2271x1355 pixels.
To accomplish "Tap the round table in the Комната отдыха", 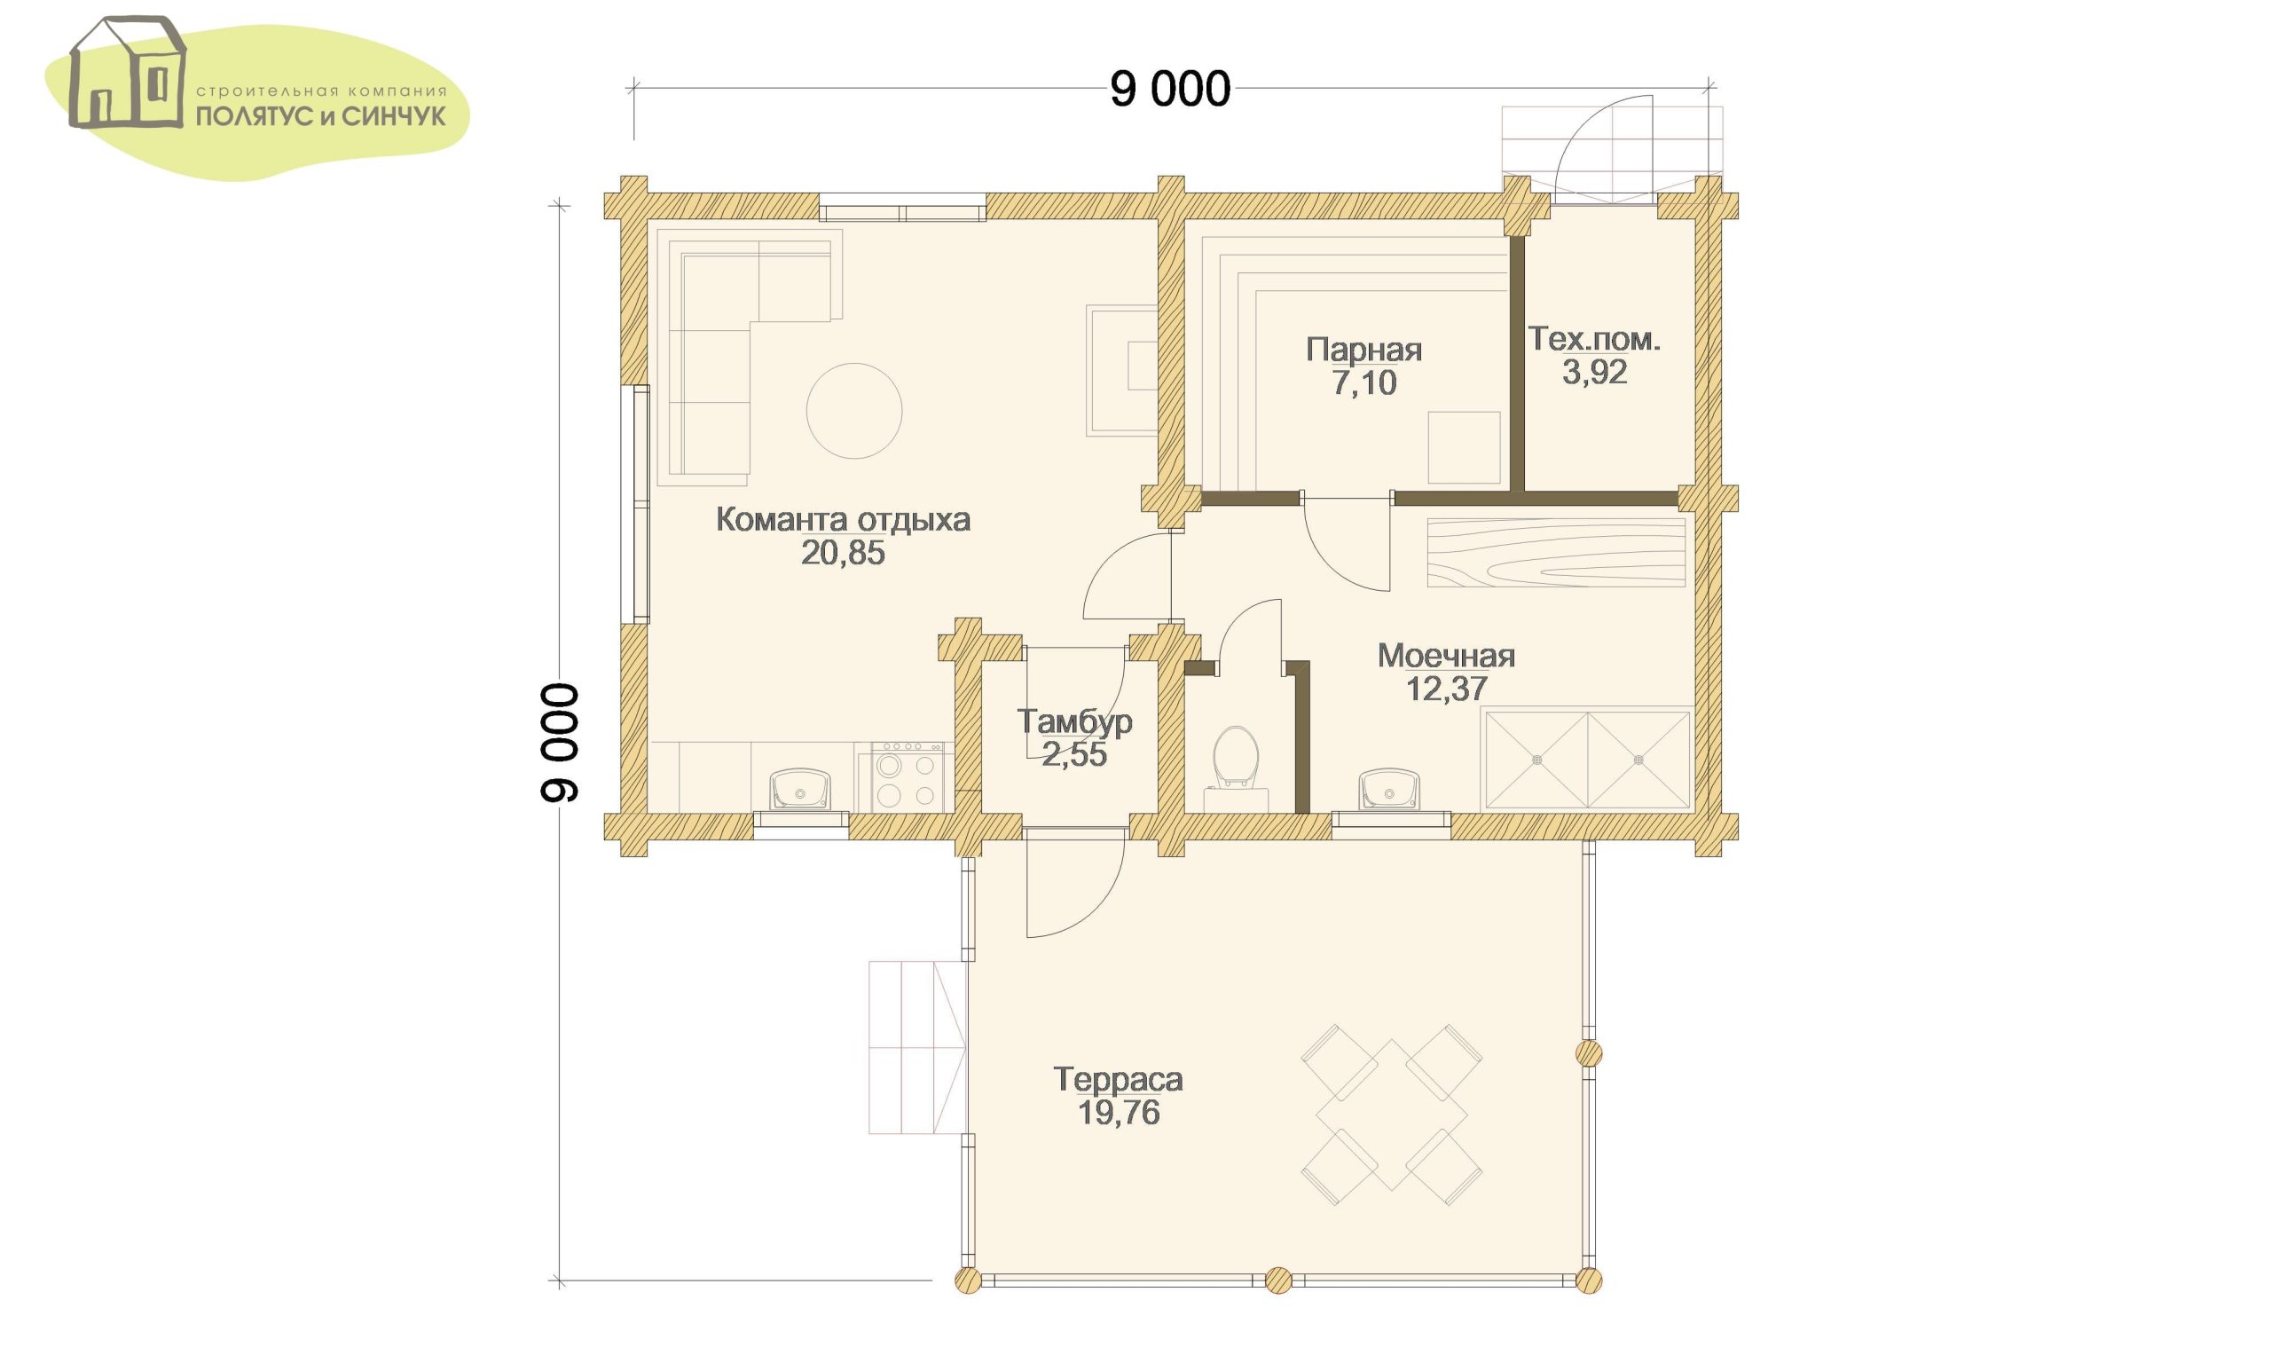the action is [854, 411].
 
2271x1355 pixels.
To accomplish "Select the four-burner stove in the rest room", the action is [908, 777].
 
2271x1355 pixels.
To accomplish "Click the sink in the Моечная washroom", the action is [1388, 789].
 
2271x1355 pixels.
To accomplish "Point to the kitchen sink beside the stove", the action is [800, 789].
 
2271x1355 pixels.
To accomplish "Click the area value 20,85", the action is [843, 553].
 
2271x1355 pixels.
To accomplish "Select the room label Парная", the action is [1363, 350].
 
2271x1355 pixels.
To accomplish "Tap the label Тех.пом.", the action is [1594, 339].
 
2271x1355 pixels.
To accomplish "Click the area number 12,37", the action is [1447, 689].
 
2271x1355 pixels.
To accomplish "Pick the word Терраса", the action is [1118, 1079].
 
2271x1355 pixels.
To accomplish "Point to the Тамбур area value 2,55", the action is [1074, 754].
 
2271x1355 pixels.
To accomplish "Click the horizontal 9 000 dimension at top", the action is [1170, 90].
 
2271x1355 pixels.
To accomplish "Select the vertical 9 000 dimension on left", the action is [560, 744].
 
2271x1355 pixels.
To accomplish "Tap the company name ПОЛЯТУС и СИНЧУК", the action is [321, 116].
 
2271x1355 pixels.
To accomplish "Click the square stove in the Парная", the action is [1464, 447].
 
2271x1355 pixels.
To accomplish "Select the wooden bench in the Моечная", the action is [1556, 553].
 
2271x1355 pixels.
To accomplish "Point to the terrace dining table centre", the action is [1392, 1115].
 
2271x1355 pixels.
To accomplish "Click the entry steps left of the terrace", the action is [916, 1047].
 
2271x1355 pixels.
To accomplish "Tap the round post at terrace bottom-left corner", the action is [968, 1280].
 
